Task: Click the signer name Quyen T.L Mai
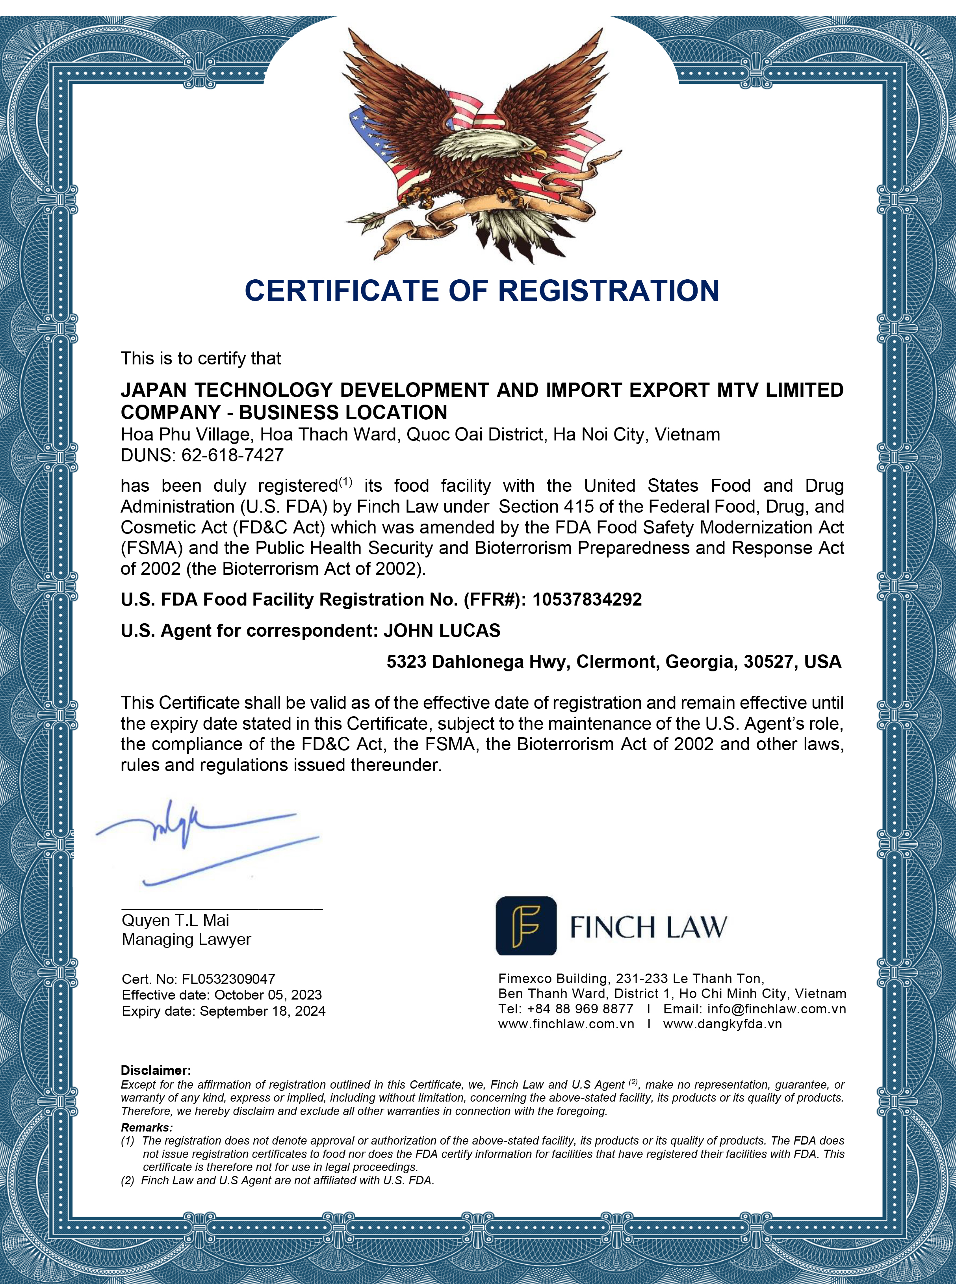(x=175, y=920)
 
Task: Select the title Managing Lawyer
(x=186, y=939)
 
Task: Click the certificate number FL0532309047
(x=228, y=979)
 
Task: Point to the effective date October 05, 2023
(x=267, y=995)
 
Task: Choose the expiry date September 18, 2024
(x=262, y=1011)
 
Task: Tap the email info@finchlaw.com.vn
(x=776, y=1009)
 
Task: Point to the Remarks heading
(x=147, y=1127)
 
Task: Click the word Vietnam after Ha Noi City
(x=687, y=434)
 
